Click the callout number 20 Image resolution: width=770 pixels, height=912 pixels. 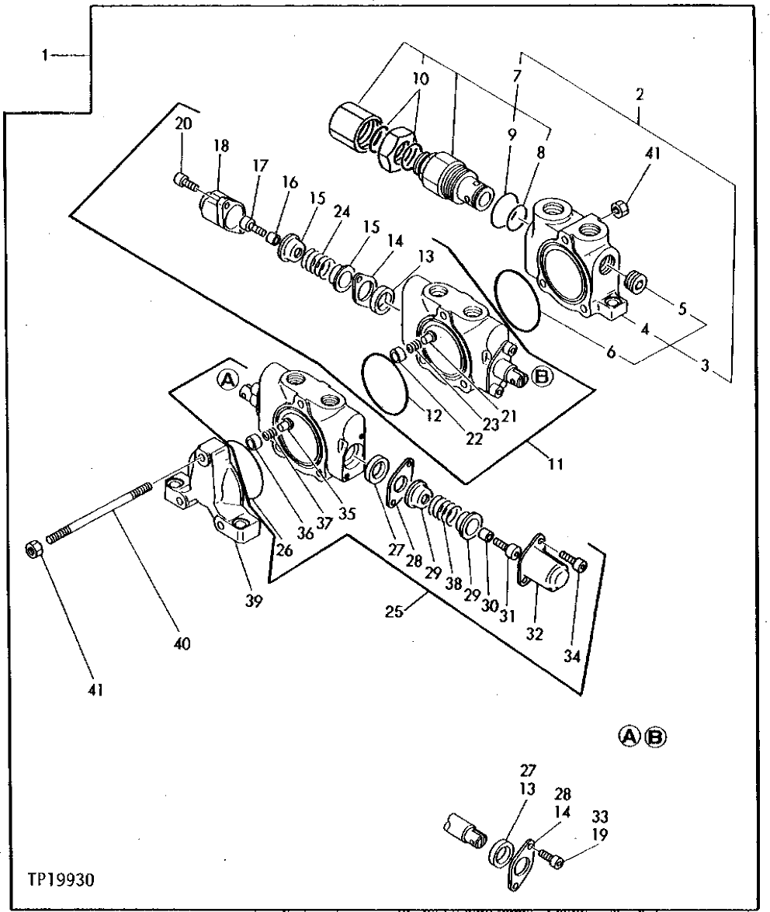[x=182, y=124]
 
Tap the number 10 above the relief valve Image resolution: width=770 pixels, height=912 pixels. [x=420, y=79]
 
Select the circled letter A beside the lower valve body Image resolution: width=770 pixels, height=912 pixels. [x=227, y=378]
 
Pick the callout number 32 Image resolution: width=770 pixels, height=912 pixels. [x=534, y=634]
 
